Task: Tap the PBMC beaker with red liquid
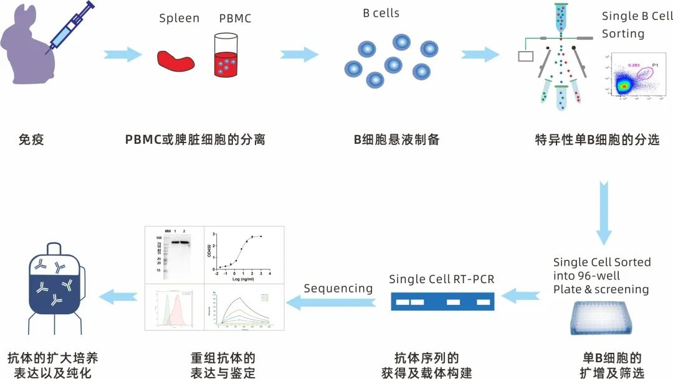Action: (226, 56)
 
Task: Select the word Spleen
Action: (179, 18)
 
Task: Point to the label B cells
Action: (381, 13)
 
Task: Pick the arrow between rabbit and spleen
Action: (122, 54)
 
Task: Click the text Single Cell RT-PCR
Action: (441, 279)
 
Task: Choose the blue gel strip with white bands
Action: (442, 302)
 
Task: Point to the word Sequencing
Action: (338, 288)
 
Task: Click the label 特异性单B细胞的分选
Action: (597, 139)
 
